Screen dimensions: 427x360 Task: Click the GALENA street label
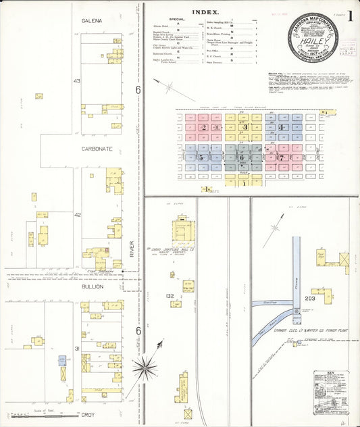click(x=91, y=21)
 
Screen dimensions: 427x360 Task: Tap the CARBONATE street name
click(x=97, y=148)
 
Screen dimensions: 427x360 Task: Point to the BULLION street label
click(x=93, y=286)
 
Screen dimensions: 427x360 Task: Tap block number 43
click(x=77, y=81)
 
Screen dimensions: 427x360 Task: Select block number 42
click(x=78, y=215)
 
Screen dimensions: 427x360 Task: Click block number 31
click(x=78, y=349)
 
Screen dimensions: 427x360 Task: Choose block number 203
click(x=310, y=298)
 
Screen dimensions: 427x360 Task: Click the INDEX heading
click(x=205, y=12)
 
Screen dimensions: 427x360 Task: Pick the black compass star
click(x=144, y=368)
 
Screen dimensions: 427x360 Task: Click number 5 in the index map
click(x=201, y=157)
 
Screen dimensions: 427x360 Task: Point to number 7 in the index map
click(x=281, y=157)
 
